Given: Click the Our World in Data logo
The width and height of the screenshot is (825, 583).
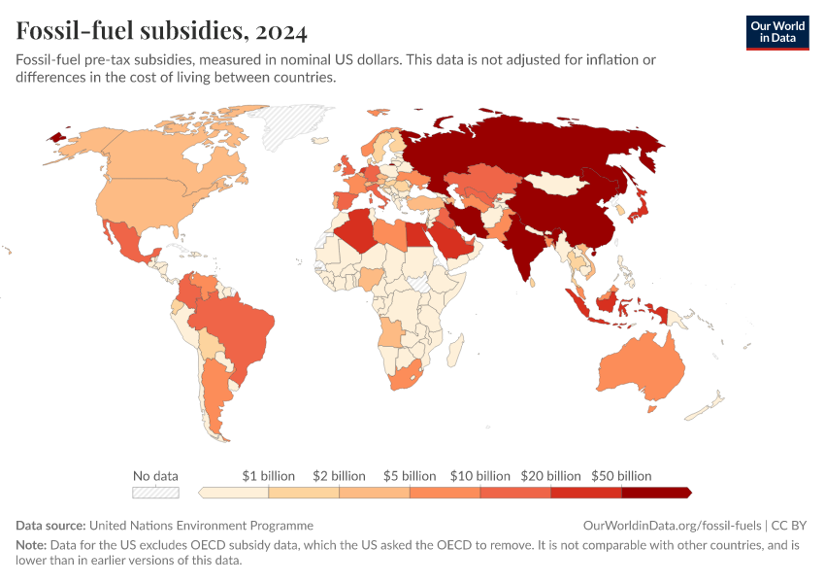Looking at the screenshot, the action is click(x=777, y=33).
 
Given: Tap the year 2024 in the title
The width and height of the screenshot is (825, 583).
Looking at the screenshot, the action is click(x=280, y=31).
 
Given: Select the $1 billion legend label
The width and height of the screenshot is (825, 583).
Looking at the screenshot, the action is click(x=268, y=476).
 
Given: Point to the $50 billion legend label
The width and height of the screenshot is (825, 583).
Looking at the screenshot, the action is click(x=621, y=476).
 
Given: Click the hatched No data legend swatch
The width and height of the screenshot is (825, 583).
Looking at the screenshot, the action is click(x=155, y=493).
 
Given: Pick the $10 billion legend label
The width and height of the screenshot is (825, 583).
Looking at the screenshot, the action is click(x=480, y=476).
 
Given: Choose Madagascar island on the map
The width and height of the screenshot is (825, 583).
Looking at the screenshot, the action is click(x=455, y=351).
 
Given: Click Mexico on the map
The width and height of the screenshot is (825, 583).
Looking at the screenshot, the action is click(x=128, y=242).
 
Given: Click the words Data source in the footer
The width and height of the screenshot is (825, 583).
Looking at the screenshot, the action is click(x=50, y=525).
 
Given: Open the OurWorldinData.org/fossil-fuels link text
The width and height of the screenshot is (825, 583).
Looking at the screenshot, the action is click(x=672, y=525).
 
